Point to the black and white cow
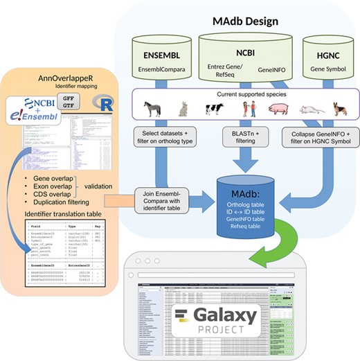(x=214, y=109)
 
